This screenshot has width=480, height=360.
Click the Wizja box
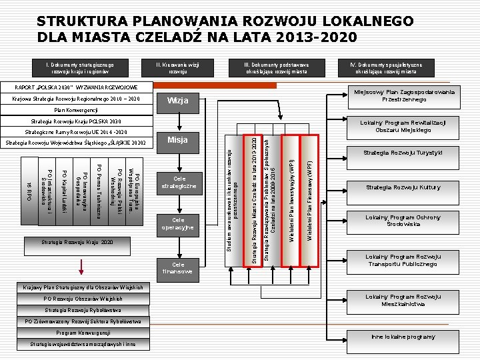(x=178, y=101)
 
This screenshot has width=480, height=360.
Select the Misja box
(x=178, y=141)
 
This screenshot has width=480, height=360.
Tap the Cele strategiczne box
(x=178, y=183)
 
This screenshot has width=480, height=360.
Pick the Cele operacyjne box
(x=178, y=225)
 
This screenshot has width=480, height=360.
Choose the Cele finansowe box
(x=178, y=267)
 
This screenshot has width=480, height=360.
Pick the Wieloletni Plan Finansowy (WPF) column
(x=309, y=200)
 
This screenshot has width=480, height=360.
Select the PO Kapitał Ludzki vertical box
(x=63, y=189)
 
